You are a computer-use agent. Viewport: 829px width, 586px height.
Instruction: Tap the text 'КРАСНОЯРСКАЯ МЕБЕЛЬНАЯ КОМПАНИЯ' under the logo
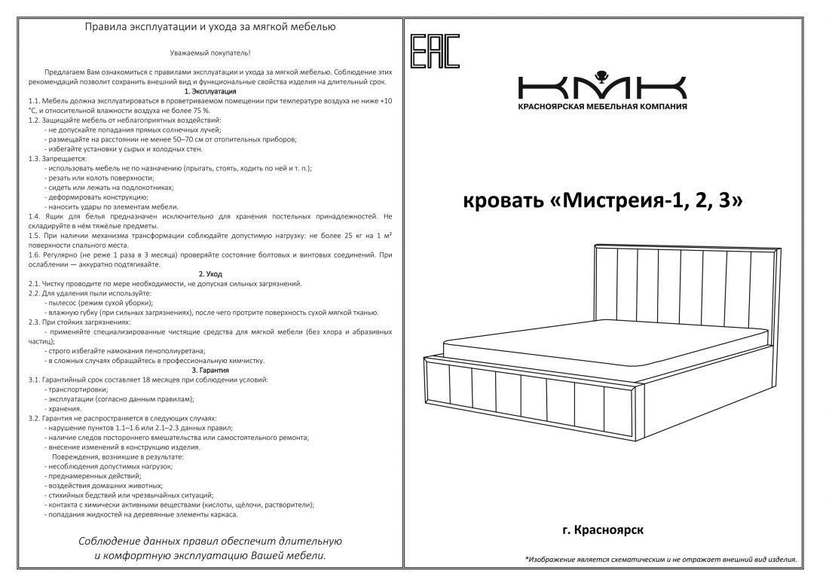point(601,107)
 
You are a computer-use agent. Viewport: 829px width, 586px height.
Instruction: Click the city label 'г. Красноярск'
point(601,530)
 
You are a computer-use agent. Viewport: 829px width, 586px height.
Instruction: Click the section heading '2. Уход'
point(210,274)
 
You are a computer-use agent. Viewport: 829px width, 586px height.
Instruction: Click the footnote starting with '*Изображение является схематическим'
point(660,560)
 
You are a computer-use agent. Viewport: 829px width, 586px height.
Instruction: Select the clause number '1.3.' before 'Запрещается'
point(35,159)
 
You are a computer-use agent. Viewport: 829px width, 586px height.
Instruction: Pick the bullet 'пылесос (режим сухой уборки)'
point(99,303)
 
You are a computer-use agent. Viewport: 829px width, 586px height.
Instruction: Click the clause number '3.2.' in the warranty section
point(35,418)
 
